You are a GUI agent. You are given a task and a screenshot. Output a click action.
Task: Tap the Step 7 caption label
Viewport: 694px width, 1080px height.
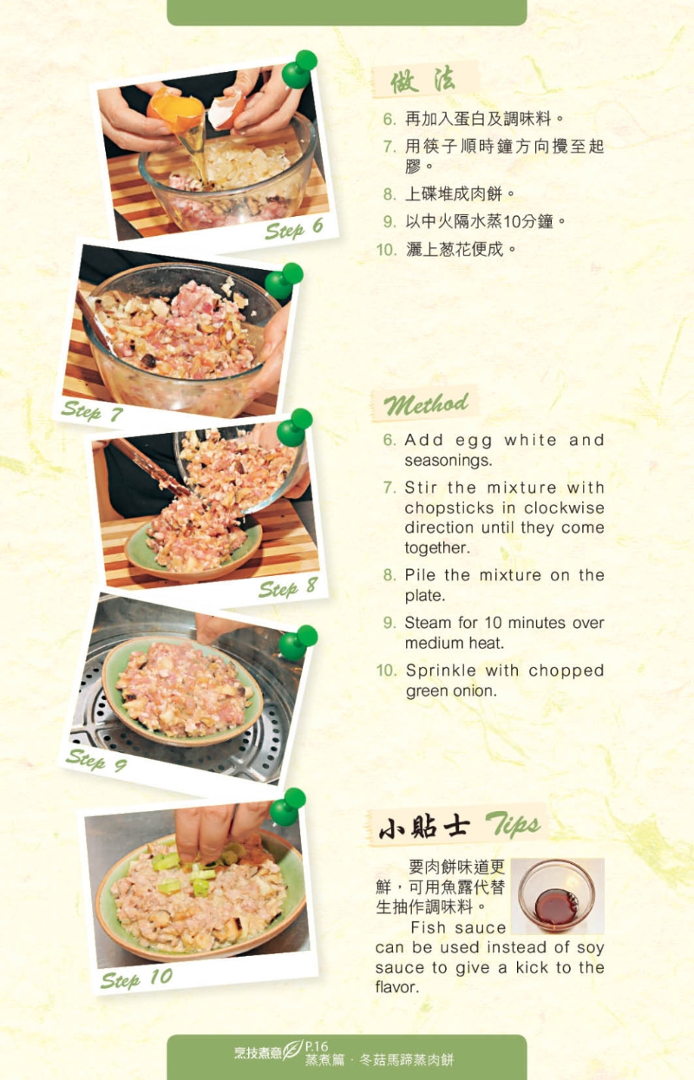[91, 411]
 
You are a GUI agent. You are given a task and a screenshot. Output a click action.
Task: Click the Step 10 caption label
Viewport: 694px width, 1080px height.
[136, 979]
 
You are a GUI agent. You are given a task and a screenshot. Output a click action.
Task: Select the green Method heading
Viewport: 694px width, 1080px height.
[426, 404]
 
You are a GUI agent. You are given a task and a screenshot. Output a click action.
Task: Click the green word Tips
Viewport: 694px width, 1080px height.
[512, 825]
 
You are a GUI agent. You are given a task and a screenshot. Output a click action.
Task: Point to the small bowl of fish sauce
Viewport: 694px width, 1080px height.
[556, 897]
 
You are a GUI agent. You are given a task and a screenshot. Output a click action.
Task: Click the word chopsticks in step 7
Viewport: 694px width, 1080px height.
[448, 508]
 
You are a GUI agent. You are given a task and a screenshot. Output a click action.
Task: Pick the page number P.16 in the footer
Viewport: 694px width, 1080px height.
[317, 1046]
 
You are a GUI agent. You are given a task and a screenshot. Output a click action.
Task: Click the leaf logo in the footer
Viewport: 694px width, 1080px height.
[293, 1052]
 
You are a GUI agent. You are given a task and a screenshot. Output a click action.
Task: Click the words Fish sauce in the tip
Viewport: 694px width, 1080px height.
[458, 927]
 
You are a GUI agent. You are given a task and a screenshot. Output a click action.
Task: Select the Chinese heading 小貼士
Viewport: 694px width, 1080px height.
[424, 828]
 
